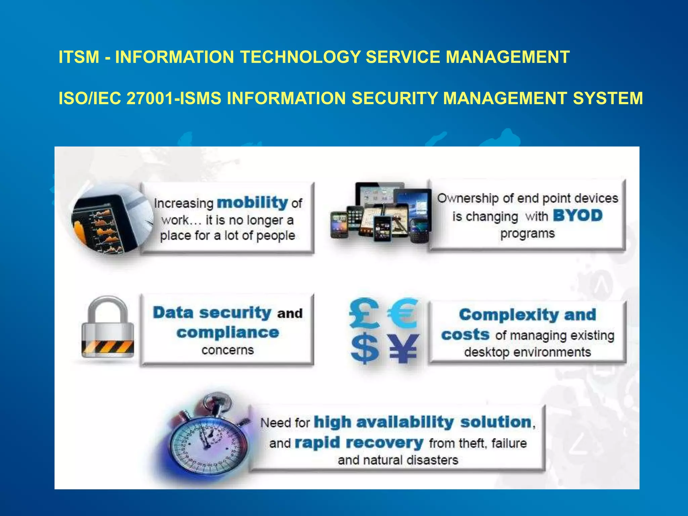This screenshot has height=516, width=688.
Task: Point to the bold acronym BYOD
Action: [x=577, y=216]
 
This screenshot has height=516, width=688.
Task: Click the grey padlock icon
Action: [x=107, y=328]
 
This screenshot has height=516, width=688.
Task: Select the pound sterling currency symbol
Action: [x=364, y=313]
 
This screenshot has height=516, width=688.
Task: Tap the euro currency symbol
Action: [x=403, y=313]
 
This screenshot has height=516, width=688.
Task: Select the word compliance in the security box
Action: [x=228, y=333]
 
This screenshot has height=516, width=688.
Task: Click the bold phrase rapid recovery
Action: [x=359, y=443]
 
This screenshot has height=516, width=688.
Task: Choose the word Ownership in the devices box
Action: [x=467, y=198]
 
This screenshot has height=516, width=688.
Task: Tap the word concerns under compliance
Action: [x=227, y=350]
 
